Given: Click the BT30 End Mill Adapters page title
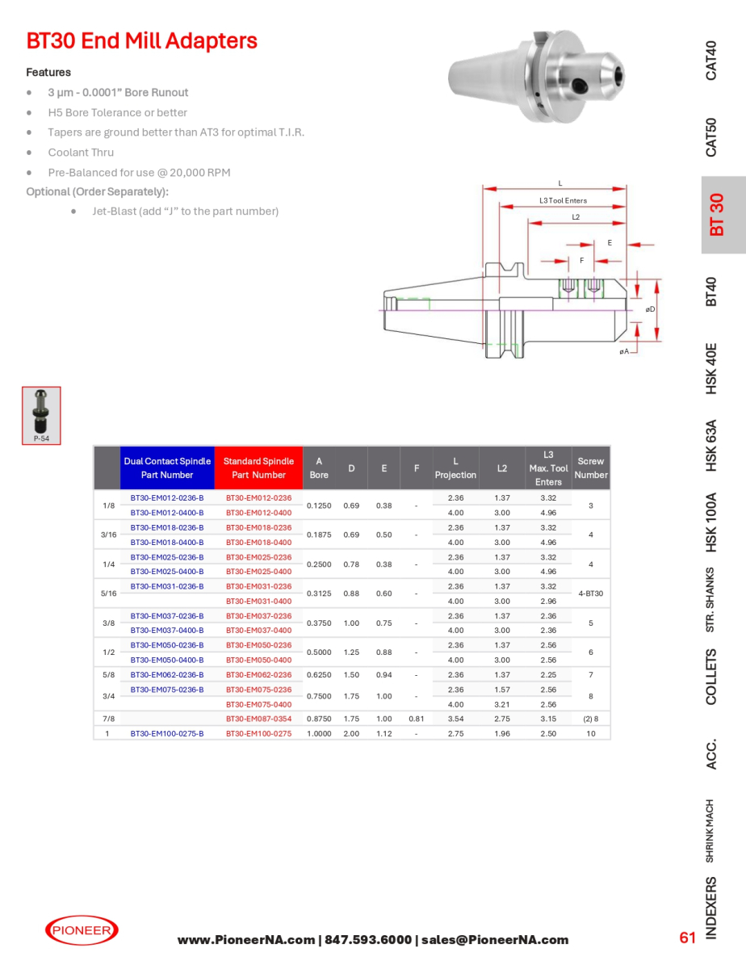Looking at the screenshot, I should [x=142, y=41].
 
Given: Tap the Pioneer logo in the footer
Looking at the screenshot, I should [x=82, y=930].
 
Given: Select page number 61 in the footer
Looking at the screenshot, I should [x=687, y=938].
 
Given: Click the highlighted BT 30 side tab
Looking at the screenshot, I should [x=717, y=215].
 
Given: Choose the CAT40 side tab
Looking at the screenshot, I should [x=711, y=60].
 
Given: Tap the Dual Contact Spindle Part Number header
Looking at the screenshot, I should [x=167, y=468].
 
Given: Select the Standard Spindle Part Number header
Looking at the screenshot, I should [x=258, y=468].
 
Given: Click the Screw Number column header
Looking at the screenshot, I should [x=591, y=468].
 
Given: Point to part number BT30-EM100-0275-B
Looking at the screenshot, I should [x=167, y=733].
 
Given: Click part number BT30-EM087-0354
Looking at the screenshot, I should [x=258, y=719].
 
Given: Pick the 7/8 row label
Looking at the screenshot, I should [x=108, y=719].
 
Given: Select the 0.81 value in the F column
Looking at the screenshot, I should [x=416, y=719].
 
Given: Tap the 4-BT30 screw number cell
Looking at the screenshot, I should [x=591, y=594].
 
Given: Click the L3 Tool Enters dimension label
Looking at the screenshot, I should [x=563, y=200].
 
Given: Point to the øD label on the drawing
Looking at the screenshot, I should [x=650, y=308].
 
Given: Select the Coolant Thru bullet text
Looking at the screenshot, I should [x=81, y=153].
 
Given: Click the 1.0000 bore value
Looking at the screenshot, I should [x=319, y=733].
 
